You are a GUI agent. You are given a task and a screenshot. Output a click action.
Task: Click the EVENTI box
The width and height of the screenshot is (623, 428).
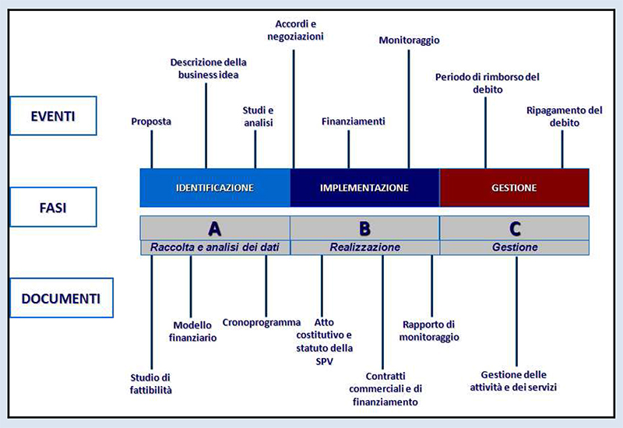(x=53, y=116)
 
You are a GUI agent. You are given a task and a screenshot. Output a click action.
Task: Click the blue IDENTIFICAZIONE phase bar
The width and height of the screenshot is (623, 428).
(x=215, y=188)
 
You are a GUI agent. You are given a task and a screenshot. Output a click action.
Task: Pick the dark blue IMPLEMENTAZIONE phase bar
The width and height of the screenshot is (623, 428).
(x=364, y=188)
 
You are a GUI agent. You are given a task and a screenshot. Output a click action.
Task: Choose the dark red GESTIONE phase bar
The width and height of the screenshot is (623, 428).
(x=514, y=188)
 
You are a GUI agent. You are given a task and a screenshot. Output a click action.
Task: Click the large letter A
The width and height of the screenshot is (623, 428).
(x=215, y=229)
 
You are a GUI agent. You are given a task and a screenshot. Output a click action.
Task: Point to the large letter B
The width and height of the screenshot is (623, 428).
(x=364, y=229)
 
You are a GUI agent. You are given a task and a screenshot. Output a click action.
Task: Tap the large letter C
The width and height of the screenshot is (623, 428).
(x=515, y=229)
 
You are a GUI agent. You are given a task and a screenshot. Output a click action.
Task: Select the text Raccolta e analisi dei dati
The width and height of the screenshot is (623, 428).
(x=215, y=247)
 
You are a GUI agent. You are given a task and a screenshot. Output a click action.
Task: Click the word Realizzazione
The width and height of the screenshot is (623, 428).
(x=364, y=247)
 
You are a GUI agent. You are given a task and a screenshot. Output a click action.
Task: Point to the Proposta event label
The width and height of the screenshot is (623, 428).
(x=151, y=121)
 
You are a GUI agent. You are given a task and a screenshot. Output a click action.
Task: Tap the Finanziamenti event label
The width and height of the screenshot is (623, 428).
(x=353, y=121)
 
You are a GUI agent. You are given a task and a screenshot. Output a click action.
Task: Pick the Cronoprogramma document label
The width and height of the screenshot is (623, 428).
(x=261, y=321)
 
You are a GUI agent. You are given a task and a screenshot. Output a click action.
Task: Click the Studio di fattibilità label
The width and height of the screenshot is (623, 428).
(x=151, y=384)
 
